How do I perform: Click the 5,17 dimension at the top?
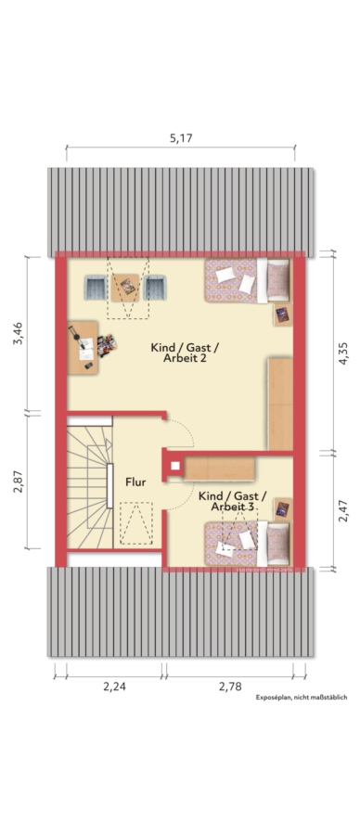click(x=181, y=138)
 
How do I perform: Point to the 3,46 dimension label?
click(x=19, y=334)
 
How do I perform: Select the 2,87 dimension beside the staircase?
click(x=19, y=481)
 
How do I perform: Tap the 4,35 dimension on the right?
click(x=343, y=353)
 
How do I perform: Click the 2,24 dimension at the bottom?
click(x=114, y=687)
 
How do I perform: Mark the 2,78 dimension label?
click(x=230, y=687)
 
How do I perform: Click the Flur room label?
click(x=135, y=482)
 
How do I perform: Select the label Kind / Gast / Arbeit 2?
click(x=185, y=353)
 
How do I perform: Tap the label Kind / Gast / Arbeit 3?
click(x=233, y=502)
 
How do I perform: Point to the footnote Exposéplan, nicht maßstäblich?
click(x=302, y=697)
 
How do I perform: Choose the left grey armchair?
click(x=96, y=288)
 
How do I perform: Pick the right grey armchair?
click(x=154, y=288)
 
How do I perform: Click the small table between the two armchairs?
click(x=125, y=288)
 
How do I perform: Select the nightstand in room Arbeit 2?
click(x=282, y=315)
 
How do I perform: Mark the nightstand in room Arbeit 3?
click(x=282, y=508)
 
